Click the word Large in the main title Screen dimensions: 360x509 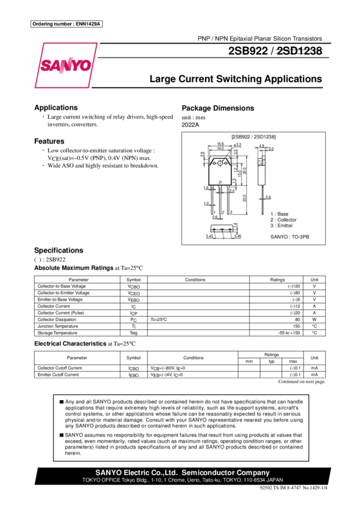tap(162, 79)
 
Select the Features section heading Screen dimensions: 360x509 tap(49, 141)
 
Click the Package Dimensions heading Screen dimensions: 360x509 tap(218, 108)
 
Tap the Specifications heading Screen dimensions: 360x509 tap(58, 250)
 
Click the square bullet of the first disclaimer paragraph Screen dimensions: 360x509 tap(61, 401)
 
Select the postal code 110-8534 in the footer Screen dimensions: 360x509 tap(252, 480)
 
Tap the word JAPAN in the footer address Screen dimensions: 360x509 tap(273, 480)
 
